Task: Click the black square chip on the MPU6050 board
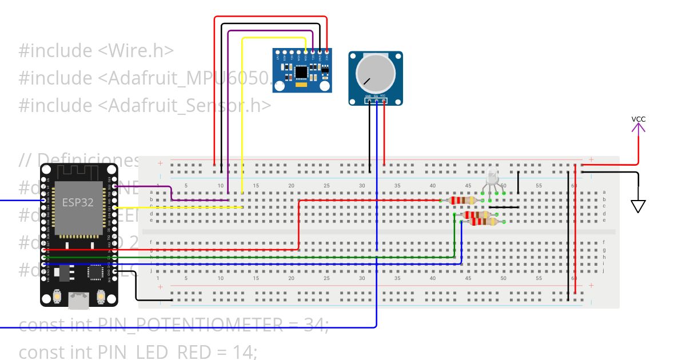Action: [301, 71]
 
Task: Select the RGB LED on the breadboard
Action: [492, 178]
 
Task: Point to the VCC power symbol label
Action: [639, 119]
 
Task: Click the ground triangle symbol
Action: [638, 206]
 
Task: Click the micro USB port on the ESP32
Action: [78, 299]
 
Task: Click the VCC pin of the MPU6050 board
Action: [326, 57]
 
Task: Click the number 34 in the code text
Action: [314, 325]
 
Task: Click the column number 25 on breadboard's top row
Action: [326, 186]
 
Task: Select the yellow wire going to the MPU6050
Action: [242, 114]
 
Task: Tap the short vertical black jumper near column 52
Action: [519, 183]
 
